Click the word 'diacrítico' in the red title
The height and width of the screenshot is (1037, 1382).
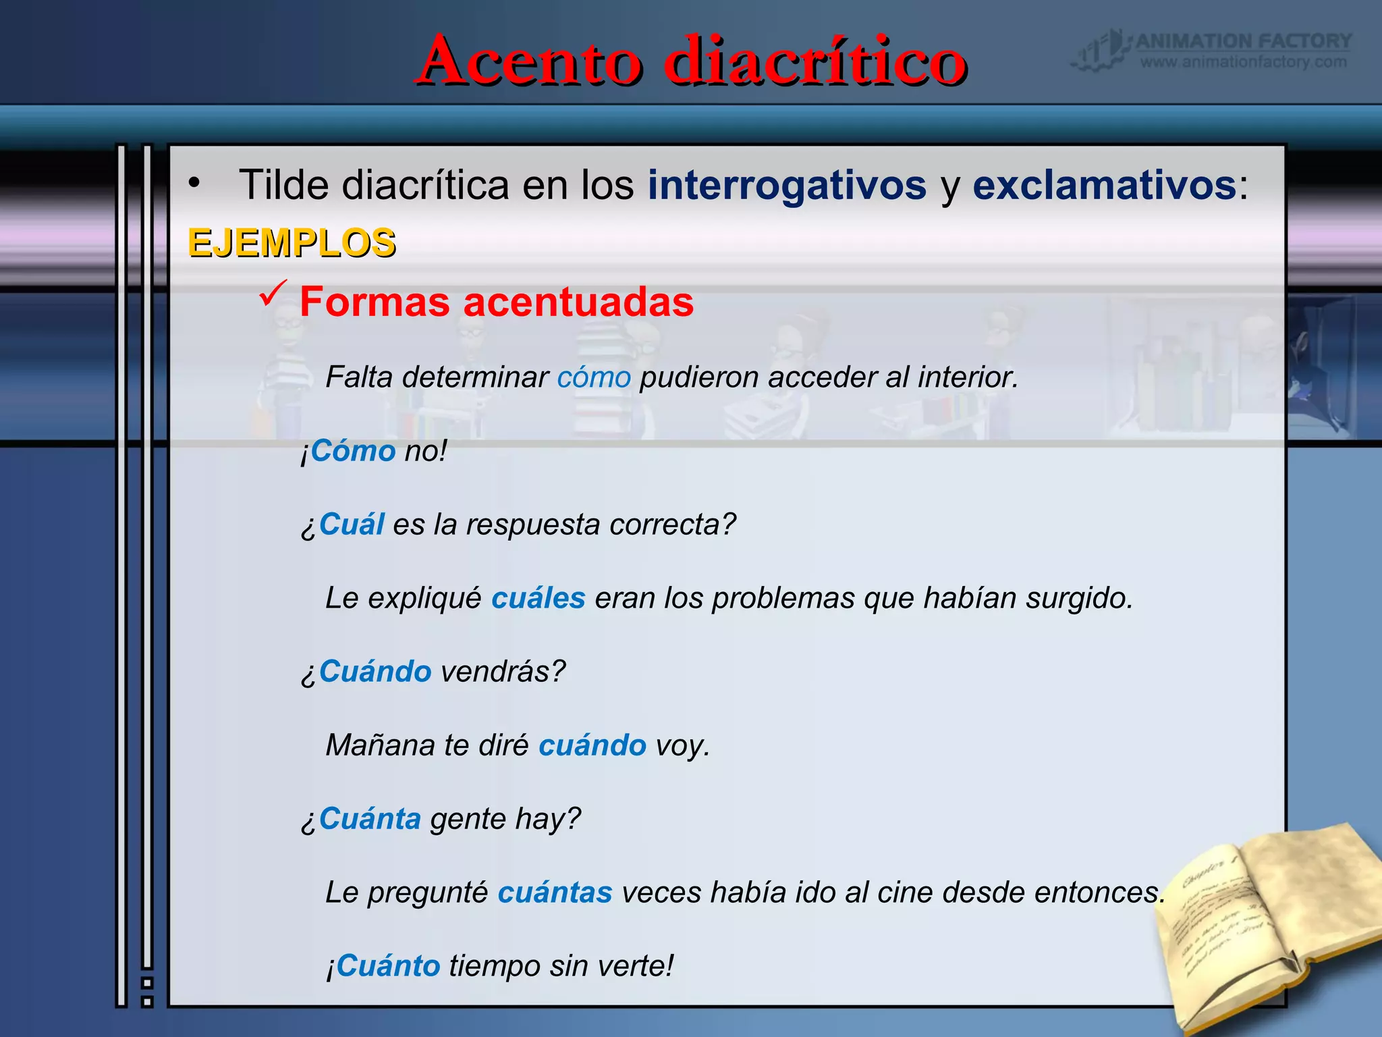(x=814, y=62)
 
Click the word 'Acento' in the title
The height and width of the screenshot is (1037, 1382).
(x=530, y=62)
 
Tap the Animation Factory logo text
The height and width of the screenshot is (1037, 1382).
(x=1243, y=42)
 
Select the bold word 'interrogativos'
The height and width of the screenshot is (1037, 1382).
(x=787, y=185)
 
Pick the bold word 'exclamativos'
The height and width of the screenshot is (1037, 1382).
(x=1104, y=185)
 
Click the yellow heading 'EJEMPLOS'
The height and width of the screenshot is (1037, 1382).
(x=292, y=243)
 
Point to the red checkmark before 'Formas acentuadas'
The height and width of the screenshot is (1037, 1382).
(x=273, y=294)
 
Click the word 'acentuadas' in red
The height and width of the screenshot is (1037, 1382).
(x=578, y=302)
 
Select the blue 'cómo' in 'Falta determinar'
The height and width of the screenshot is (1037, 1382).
(x=594, y=377)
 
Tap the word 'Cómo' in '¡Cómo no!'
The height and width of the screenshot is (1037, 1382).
(x=353, y=450)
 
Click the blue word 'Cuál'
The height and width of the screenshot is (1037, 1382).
(x=352, y=524)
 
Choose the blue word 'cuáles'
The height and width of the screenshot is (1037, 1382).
(x=538, y=598)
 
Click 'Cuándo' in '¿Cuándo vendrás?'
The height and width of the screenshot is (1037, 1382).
(x=375, y=671)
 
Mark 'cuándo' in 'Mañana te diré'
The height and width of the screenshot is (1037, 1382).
(x=592, y=745)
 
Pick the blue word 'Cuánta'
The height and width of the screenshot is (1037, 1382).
(x=370, y=819)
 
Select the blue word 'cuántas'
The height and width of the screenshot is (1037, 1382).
(x=555, y=893)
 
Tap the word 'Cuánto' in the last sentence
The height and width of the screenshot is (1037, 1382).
(x=388, y=966)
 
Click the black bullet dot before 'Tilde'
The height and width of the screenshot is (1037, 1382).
(x=194, y=183)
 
